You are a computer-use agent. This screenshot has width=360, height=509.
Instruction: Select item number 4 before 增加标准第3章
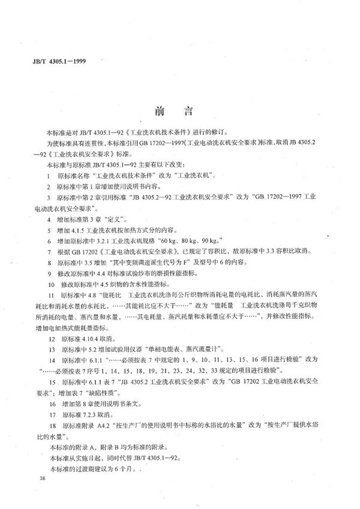(48, 221)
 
